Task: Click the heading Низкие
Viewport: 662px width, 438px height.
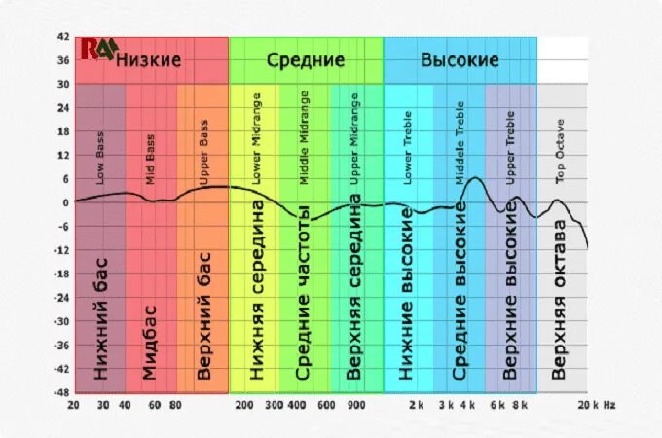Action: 148,60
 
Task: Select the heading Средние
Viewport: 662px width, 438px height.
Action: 306,60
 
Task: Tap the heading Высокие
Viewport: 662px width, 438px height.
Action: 460,60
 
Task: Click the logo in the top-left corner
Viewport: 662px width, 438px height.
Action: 97,49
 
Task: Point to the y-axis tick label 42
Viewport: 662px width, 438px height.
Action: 63,37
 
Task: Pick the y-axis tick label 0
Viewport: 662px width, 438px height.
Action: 66,203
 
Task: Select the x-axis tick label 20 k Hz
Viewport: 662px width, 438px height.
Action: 597,404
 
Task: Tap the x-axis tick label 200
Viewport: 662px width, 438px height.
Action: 244,404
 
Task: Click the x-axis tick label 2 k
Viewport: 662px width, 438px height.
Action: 417,404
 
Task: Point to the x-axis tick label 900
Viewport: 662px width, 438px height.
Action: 356,404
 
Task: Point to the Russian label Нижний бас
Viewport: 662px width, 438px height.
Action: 100,318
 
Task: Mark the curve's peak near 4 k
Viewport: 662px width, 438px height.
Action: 473,178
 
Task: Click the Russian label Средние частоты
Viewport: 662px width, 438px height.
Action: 303,292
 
